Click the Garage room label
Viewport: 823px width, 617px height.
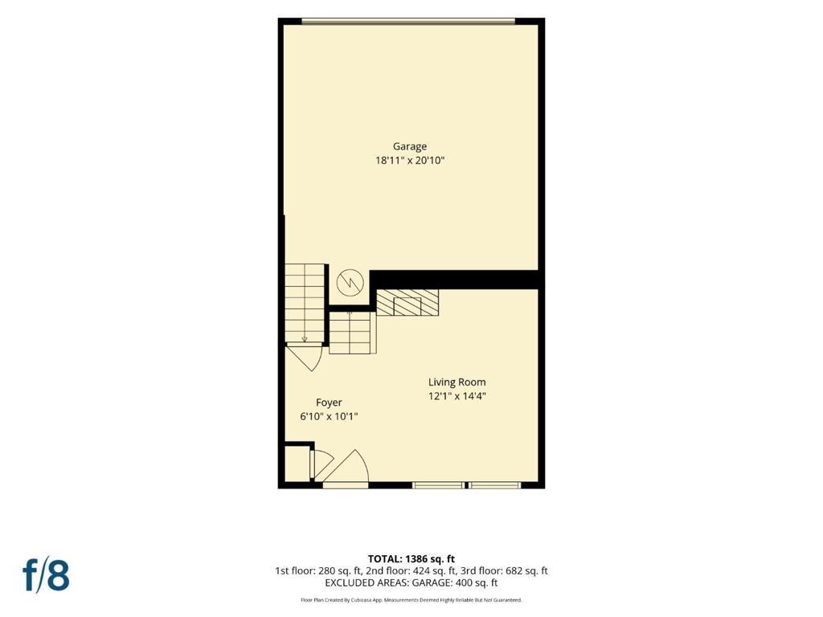click(x=409, y=146)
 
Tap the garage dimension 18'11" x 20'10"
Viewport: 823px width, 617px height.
click(x=409, y=161)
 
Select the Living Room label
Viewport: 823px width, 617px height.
click(x=457, y=382)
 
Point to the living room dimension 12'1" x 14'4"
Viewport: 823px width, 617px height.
click(x=457, y=396)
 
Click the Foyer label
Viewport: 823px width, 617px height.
click(x=329, y=403)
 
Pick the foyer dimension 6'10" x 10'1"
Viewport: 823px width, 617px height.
click(x=329, y=417)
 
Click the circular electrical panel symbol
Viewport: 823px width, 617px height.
click(x=350, y=282)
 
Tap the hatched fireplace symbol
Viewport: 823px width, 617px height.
click(x=407, y=302)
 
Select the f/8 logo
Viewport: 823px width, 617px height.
click(x=46, y=574)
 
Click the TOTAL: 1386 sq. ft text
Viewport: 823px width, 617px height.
click(x=411, y=559)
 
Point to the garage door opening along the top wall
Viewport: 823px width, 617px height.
click(x=408, y=21)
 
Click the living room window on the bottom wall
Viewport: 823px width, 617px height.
click(x=466, y=485)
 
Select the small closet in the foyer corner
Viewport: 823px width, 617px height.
click(x=297, y=462)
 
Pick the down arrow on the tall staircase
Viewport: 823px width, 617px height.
click(x=305, y=339)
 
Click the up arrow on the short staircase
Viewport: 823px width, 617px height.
click(x=349, y=315)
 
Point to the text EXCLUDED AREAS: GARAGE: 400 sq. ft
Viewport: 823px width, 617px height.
click(x=411, y=583)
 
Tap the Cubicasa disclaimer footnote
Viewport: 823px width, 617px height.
click(x=411, y=599)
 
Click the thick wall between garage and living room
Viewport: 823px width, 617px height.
click(x=455, y=280)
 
